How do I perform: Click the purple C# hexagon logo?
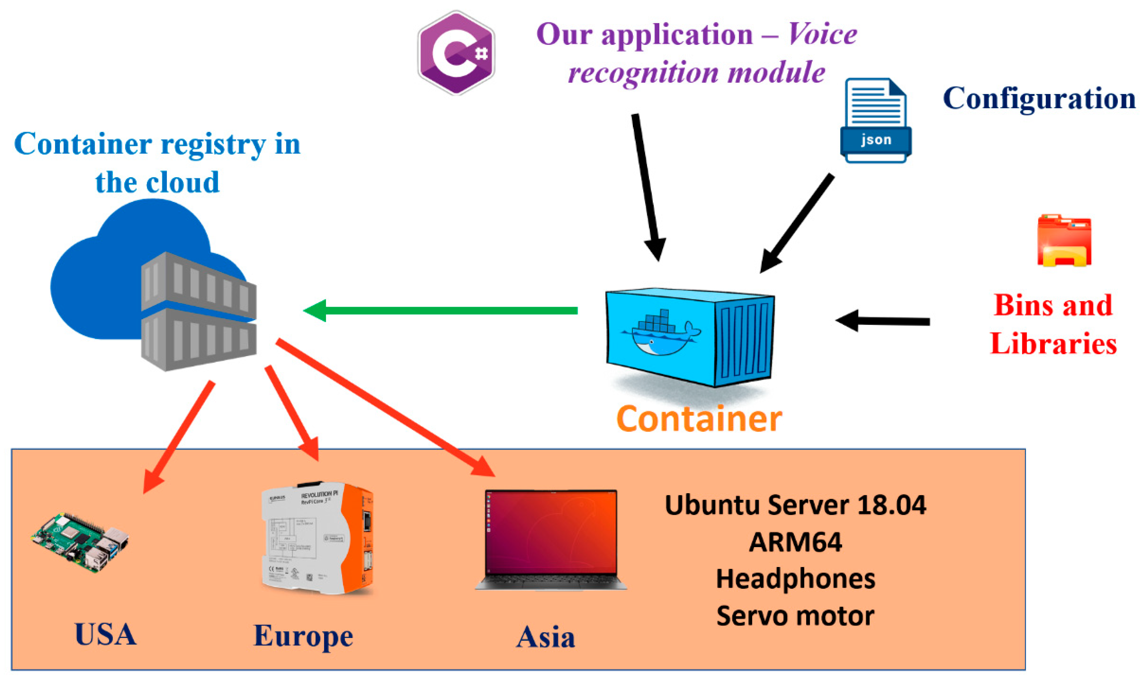click(456, 53)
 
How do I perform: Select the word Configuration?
click(1039, 98)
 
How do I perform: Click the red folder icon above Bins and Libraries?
click(1064, 241)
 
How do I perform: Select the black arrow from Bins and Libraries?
click(882, 321)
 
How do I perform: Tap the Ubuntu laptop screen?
click(551, 533)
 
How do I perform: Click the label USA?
click(105, 634)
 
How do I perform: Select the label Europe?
click(303, 636)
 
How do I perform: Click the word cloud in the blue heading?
click(183, 182)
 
